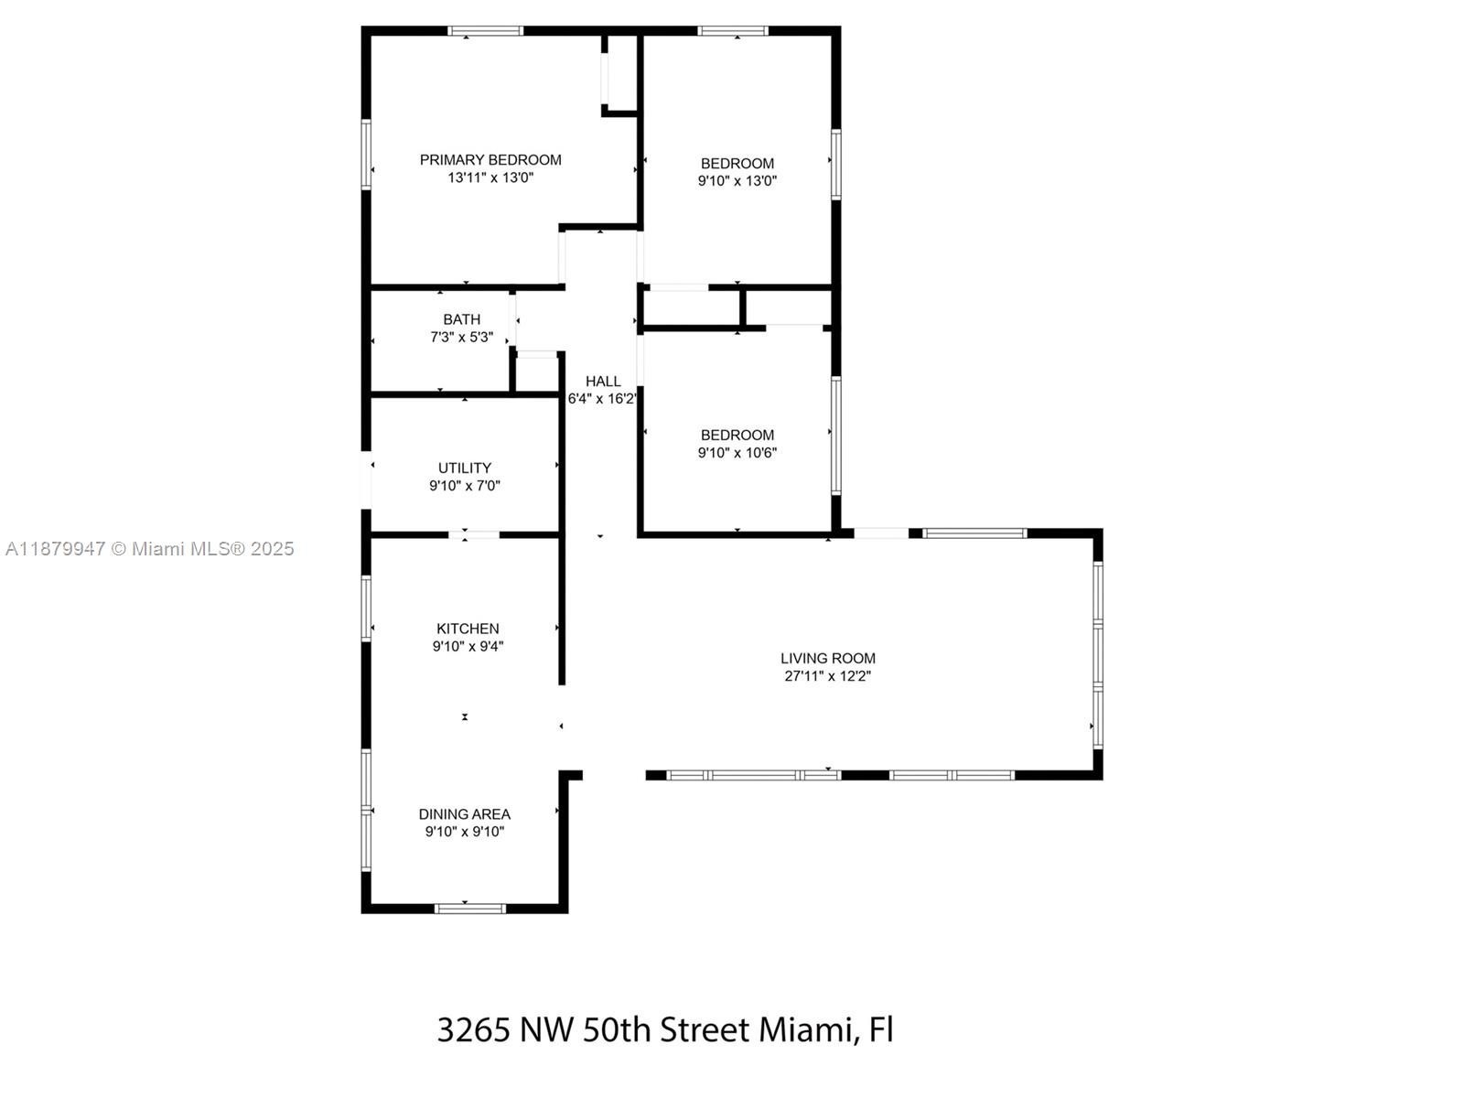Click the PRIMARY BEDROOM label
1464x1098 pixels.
click(490, 160)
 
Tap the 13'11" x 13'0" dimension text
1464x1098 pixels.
click(490, 178)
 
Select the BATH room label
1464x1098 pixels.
click(461, 319)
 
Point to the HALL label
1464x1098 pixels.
click(603, 382)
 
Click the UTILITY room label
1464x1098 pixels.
click(465, 468)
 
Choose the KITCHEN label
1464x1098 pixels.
click(468, 629)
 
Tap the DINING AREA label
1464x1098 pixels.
click(465, 814)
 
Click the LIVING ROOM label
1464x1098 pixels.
click(828, 658)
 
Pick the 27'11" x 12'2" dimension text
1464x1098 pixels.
click(828, 676)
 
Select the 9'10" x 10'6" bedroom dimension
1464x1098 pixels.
click(737, 453)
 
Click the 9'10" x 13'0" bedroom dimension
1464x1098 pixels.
click(737, 181)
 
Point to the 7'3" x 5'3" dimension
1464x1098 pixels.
click(461, 337)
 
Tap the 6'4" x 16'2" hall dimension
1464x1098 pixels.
click(602, 399)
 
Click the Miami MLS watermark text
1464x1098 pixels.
click(149, 549)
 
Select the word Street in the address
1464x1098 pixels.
click(705, 1029)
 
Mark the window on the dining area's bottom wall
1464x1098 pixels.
click(469, 909)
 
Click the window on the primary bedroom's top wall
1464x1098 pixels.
click(486, 31)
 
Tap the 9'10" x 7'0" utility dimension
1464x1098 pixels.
click(465, 486)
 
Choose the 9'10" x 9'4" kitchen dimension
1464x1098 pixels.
click(468, 646)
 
